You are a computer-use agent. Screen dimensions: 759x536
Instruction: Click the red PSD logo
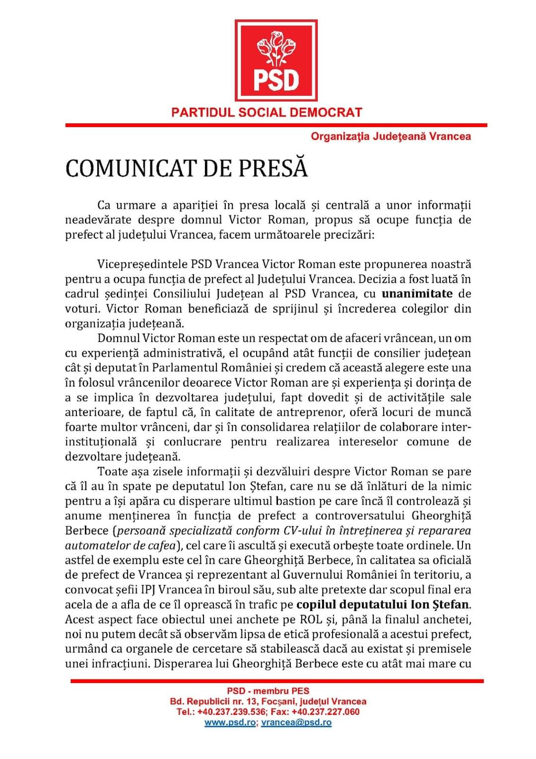click(276, 60)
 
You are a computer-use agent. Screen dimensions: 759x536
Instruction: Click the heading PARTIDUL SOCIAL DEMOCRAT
click(267, 112)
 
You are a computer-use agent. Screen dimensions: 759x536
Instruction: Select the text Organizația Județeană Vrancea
click(391, 136)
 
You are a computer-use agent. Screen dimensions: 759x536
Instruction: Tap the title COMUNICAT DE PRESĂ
click(187, 168)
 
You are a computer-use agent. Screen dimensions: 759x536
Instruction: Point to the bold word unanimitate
click(417, 293)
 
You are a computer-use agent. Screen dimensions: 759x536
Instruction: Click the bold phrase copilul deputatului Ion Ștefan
click(382, 605)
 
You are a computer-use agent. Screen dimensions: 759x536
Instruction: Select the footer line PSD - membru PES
click(268, 690)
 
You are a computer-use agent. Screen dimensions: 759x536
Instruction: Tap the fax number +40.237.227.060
click(326, 712)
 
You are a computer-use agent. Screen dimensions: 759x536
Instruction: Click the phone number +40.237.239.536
click(231, 712)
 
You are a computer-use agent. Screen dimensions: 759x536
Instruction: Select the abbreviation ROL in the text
click(311, 619)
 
